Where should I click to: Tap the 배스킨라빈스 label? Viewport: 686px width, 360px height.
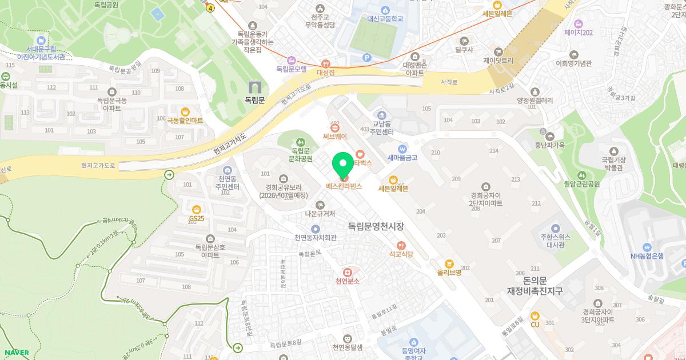pyautogui.click(x=344, y=186)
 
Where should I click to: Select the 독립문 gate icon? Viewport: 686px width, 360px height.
pyautogui.click(x=254, y=87)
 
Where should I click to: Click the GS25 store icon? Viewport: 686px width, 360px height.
pyautogui.click(x=197, y=209)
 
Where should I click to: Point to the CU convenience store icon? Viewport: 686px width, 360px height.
pyautogui.click(x=535, y=315)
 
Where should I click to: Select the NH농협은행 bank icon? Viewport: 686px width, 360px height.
pyautogui.click(x=647, y=246)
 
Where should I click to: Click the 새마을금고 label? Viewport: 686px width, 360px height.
pyautogui.click(x=402, y=158)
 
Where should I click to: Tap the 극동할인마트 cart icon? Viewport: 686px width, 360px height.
pyautogui.click(x=185, y=111)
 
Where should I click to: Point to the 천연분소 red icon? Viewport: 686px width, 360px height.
pyautogui.click(x=347, y=272)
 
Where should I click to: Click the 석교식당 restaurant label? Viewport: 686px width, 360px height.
pyautogui.click(x=401, y=254)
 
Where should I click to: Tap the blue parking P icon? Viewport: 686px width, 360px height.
pyautogui.click(x=367, y=57)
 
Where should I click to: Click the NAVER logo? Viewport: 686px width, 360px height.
pyautogui.click(x=16, y=353)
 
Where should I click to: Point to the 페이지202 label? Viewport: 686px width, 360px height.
pyautogui.click(x=578, y=33)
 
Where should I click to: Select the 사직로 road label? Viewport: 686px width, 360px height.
pyautogui.click(x=449, y=82)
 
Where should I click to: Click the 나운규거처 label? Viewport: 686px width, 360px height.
pyautogui.click(x=320, y=214)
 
